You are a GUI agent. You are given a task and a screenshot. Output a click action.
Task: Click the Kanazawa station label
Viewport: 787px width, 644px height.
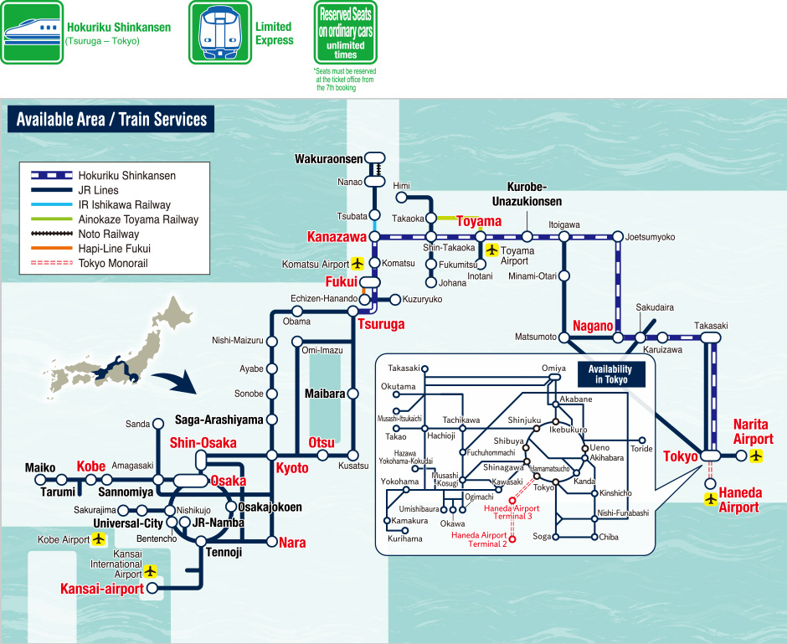click(337, 237)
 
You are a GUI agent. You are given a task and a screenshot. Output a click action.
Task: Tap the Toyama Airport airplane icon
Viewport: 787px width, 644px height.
click(492, 250)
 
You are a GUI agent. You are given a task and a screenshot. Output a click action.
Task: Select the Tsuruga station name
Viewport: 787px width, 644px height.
click(381, 324)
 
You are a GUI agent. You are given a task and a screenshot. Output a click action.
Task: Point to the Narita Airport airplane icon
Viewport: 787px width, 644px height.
click(757, 456)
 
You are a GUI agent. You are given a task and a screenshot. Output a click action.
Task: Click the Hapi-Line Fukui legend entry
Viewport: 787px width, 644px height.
click(113, 249)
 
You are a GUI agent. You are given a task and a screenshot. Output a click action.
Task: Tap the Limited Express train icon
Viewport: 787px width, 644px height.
click(219, 32)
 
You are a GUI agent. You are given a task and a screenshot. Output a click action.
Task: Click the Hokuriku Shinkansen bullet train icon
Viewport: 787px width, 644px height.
click(32, 32)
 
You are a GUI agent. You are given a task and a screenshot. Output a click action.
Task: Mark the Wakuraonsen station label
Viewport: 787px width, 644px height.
click(328, 158)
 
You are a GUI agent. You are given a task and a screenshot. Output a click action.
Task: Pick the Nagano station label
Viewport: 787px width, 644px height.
click(594, 326)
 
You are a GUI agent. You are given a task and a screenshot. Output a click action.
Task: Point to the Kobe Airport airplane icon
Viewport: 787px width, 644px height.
click(100, 539)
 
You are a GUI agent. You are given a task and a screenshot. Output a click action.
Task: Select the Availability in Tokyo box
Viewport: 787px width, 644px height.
click(610, 374)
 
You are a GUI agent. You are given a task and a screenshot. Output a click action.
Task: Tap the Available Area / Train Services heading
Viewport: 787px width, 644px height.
click(111, 119)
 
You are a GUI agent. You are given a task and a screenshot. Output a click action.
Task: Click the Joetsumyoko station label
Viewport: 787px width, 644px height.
click(650, 237)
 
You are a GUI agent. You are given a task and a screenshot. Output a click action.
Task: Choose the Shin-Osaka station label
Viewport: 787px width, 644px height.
click(203, 442)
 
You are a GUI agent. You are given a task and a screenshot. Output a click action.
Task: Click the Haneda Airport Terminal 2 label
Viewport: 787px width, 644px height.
click(479, 540)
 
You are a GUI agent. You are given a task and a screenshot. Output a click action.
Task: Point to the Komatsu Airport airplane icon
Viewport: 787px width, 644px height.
click(357, 263)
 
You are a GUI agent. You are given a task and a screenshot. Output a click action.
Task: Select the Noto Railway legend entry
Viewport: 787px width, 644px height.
click(109, 234)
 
